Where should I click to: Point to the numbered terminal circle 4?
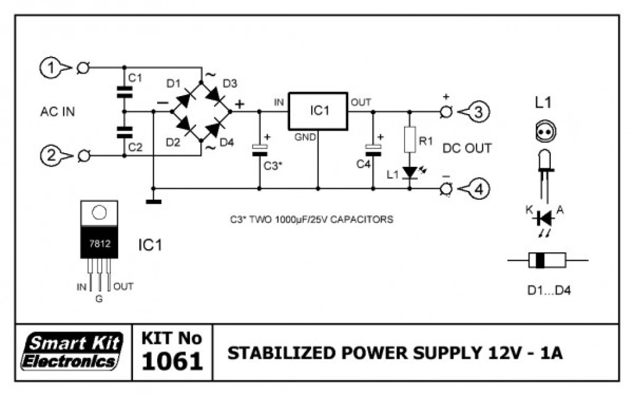479,189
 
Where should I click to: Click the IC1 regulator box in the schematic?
318,111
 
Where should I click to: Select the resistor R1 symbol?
410,139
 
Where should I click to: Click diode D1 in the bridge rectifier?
185,98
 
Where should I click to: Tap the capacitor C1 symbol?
124,92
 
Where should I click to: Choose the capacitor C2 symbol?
124,132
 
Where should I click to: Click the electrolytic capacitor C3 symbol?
260,150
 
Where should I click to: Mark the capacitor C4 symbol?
373,150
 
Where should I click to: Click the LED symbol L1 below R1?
410,173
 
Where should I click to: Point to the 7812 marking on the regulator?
100,244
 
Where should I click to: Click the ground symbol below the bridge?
154,201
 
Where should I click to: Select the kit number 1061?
173,360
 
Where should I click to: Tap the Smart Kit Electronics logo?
73,351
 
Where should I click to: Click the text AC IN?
58,112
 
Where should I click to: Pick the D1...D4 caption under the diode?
549,290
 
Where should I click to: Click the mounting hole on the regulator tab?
100,212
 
